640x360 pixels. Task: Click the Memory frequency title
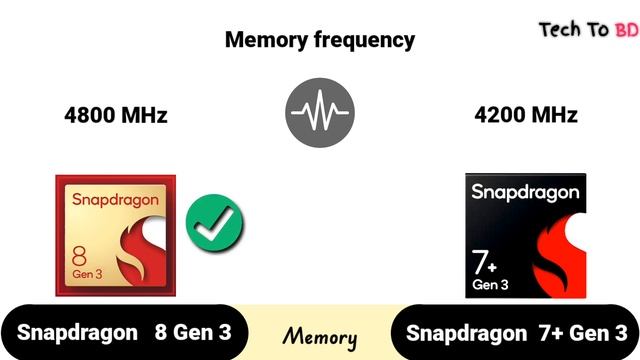tap(319, 40)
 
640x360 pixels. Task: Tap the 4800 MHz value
tap(115, 115)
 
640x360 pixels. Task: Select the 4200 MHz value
tap(526, 115)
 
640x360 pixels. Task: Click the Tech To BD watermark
tap(588, 29)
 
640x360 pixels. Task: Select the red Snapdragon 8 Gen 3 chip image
tap(115, 236)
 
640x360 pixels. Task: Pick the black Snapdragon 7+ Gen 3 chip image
tap(526, 236)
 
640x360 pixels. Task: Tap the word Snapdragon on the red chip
tap(115, 199)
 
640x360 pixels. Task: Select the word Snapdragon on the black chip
tap(525, 190)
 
